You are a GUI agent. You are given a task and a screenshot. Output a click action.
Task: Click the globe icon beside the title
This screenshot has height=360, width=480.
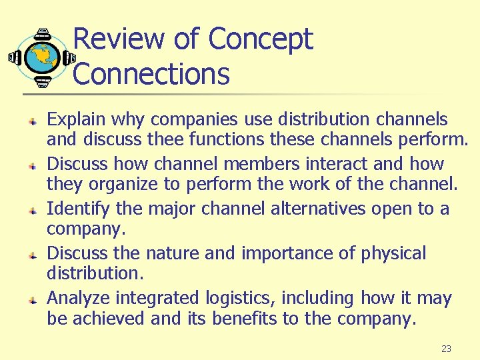[41, 57]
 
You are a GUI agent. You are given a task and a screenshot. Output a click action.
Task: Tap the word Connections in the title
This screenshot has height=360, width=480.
[151, 73]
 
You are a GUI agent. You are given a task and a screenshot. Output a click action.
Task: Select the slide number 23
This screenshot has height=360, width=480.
[446, 349]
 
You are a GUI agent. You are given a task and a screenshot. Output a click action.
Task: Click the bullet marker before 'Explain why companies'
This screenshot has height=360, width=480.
[31, 122]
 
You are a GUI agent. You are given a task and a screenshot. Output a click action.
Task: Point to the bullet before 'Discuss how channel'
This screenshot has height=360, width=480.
[31, 166]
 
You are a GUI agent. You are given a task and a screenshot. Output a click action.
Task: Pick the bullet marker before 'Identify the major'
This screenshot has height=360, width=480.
[31, 211]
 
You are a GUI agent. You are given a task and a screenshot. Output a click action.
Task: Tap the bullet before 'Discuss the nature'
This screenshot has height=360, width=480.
[31, 255]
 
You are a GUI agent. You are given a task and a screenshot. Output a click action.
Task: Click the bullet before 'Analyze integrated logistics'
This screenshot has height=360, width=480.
[31, 300]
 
